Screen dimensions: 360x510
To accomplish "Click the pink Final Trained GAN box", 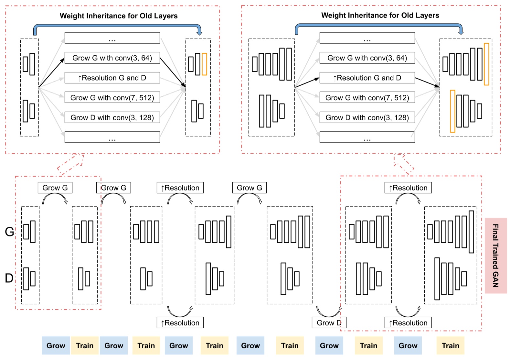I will coord(495,256).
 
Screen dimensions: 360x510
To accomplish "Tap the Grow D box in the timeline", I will coord(329,322).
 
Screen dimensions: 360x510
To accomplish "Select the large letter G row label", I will coord(9,232).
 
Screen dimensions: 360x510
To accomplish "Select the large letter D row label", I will coord(9,278).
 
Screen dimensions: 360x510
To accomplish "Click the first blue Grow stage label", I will coord(56,345).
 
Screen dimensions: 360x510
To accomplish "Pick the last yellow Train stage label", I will coord(450,345).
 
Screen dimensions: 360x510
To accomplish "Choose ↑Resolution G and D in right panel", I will coord(367,78).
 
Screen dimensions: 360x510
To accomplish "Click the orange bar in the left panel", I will coord(204,64).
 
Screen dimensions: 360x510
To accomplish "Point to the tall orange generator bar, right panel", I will coord(486,64).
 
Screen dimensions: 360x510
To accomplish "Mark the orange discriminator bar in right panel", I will coord(452,111).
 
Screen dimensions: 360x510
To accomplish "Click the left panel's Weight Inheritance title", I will coord(119,16).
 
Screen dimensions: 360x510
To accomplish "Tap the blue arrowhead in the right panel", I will coord(461,32).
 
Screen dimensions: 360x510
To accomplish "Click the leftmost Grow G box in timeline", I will coord(55,188).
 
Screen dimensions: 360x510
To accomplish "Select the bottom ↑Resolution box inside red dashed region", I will coord(408,322).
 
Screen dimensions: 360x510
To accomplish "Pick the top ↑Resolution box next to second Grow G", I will coord(180,188).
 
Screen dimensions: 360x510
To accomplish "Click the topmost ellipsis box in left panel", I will coord(112,38).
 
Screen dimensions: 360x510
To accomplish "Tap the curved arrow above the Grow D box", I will coord(329,311).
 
